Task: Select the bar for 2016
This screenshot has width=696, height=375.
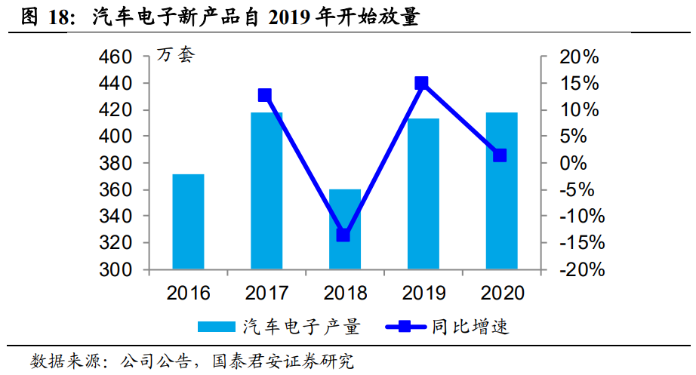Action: (188, 222)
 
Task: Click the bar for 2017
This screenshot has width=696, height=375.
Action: (266, 191)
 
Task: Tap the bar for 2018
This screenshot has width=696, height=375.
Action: (344, 229)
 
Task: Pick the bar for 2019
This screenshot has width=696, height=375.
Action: (423, 194)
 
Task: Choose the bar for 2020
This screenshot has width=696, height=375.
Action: (501, 191)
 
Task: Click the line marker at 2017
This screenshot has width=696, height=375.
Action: (265, 95)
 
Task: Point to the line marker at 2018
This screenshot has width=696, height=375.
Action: (343, 235)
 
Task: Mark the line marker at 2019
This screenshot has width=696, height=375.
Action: (422, 83)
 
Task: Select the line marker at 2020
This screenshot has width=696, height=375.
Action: (500, 155)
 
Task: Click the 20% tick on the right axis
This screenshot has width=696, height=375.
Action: (581, 57)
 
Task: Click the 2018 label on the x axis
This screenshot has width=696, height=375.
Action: (345, 293)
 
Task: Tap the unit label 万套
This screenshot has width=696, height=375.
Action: (175, 55)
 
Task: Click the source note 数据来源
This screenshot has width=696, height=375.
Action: (60, 361)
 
